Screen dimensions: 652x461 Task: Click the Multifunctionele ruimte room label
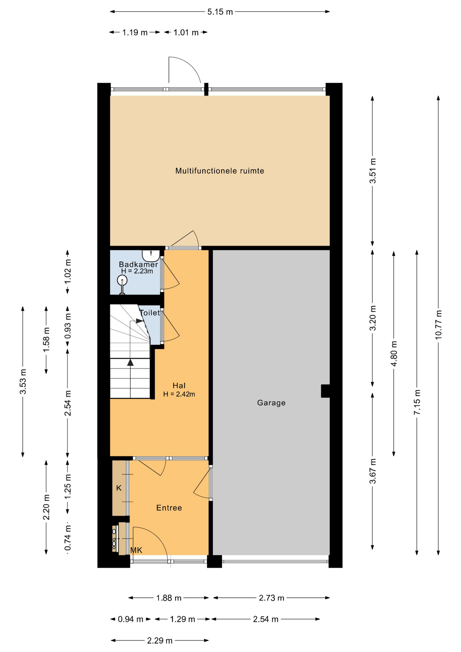click(220, 171)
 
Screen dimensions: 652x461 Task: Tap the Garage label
click(271, 403)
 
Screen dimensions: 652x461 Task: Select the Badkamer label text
click(138, 264)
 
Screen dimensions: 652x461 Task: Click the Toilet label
click(150, 313)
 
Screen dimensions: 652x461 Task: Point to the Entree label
click(169, 508)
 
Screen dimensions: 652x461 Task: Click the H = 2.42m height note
click(179, 394)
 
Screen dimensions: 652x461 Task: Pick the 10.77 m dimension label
click(438, 324)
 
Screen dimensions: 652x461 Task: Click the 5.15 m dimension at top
click(220, 12)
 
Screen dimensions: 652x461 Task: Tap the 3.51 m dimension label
click(373, 171)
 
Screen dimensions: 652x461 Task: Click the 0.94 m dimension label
click(130, 619)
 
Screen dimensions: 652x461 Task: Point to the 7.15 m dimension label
click(417, 402)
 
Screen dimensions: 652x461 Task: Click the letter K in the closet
click(118, 488)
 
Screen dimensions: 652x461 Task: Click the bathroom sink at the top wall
click(151, 254)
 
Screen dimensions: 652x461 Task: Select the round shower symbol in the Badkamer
click(122, 280)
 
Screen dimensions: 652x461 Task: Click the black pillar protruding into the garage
click(325, 391)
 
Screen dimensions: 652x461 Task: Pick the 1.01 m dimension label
click(186, 33)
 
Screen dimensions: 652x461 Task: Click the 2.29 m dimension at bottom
click(160, 641)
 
